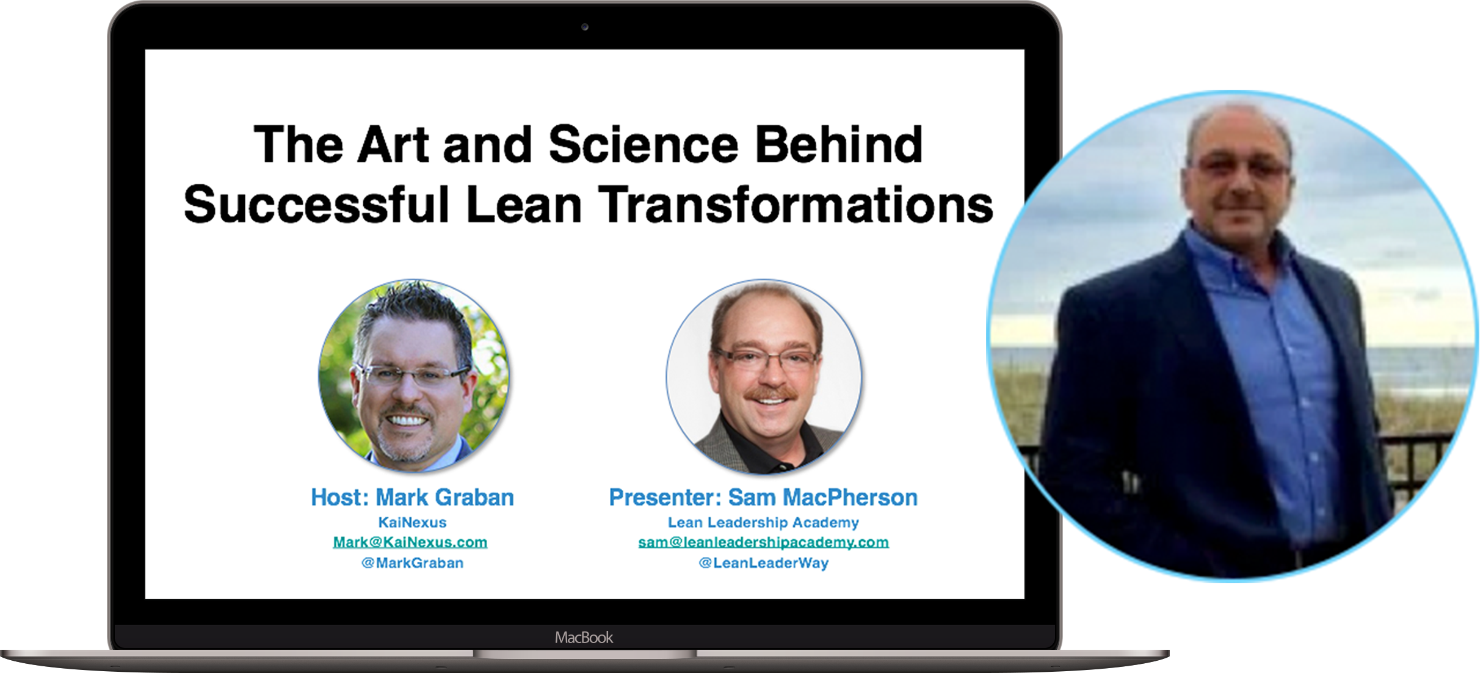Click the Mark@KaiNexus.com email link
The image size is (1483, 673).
tap(410, 542)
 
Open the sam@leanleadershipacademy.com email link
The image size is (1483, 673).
tap(763, 542)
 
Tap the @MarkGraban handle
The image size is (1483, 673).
tap(412, 563)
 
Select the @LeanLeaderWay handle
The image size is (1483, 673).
tap(763, 563)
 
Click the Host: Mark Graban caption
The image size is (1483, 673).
tap(412, 498)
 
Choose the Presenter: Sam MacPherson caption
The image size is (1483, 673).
tap(763, 498)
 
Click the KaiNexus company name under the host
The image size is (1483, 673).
tap(412, 523)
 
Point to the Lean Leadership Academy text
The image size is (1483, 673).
tap(763, 523)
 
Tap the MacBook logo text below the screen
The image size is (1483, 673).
tap(584, 638)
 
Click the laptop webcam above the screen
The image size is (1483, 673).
tap(584, 27)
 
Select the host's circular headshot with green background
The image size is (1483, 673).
tap(414, 376)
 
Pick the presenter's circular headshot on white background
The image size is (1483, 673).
tap(764, 376)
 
